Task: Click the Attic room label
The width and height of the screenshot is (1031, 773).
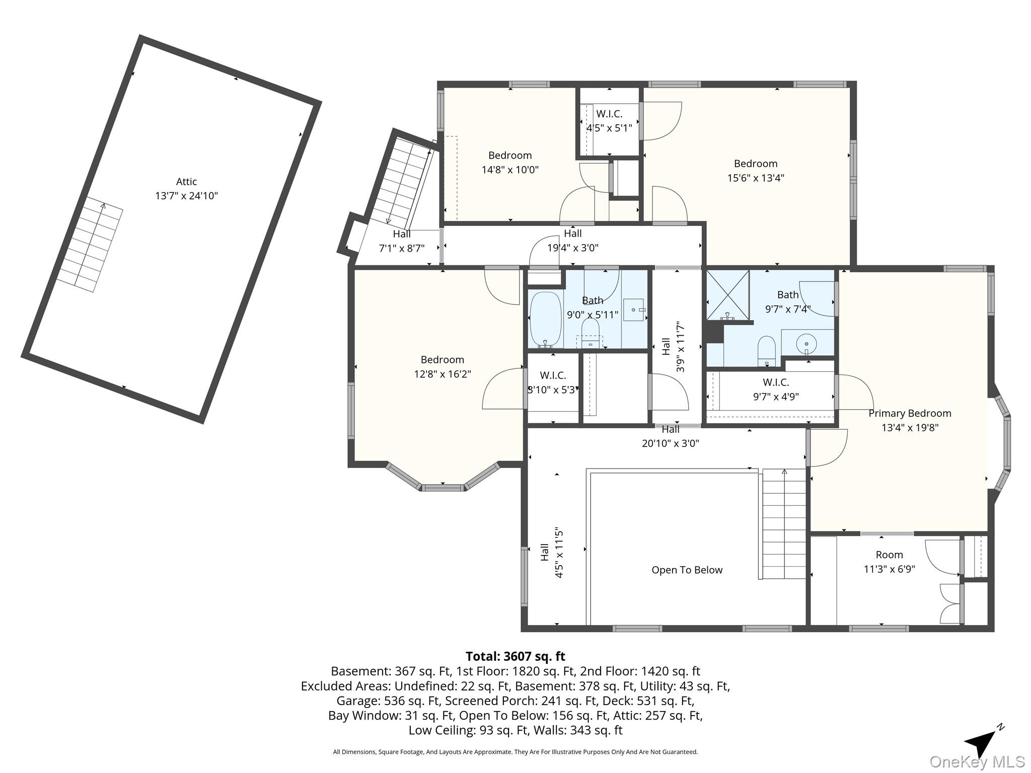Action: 186,182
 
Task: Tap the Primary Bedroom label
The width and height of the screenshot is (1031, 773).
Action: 910,413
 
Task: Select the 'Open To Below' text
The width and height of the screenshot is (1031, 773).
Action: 687,570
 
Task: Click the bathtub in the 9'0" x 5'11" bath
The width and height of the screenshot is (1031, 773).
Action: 546,320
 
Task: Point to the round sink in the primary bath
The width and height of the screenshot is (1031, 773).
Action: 806,344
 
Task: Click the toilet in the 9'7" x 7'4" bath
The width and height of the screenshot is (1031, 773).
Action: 767,350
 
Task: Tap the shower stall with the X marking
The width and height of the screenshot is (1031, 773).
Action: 728,295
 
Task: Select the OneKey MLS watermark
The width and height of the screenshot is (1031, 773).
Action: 977,762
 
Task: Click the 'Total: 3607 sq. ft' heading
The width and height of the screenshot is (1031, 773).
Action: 515,656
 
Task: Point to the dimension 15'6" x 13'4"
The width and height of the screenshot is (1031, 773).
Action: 756,178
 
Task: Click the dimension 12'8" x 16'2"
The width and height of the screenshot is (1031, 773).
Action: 443,374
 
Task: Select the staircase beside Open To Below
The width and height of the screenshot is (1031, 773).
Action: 784,524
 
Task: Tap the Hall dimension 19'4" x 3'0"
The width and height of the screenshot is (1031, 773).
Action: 573,248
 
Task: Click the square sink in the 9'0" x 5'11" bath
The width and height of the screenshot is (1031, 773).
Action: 634,310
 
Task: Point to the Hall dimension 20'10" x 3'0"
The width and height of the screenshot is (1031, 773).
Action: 671,443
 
